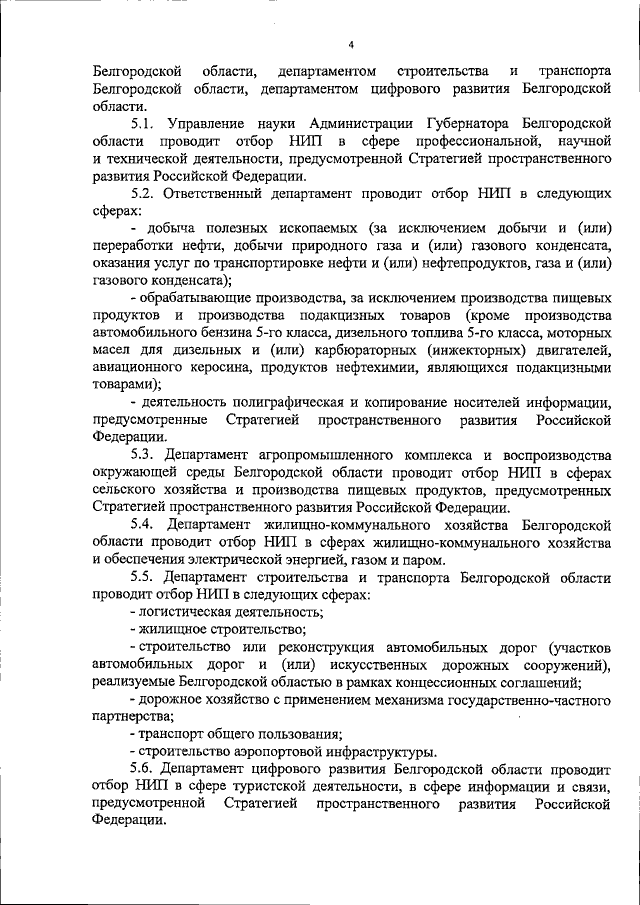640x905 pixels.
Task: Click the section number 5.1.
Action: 145,122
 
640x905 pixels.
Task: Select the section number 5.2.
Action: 145,193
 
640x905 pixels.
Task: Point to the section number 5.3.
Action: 145,454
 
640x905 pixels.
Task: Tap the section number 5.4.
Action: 145,524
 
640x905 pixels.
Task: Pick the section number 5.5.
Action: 145,576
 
